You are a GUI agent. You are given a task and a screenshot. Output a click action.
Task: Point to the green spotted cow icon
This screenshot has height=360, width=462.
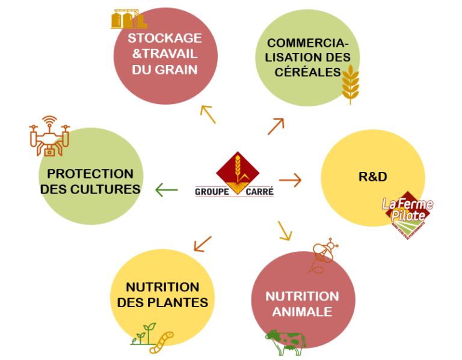click(286, 343)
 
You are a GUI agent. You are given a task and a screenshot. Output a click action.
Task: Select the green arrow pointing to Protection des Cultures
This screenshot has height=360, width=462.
click(167, 191)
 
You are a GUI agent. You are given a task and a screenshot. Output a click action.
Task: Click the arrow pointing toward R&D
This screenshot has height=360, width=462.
click(290, 180)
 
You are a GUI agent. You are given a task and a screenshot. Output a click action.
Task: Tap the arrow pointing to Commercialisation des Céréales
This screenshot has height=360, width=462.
click(276, 126)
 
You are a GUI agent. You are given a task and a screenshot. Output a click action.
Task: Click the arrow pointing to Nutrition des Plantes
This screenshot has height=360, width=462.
click(203, 243)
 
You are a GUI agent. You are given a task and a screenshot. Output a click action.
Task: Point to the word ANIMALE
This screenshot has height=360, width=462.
click(302, 312)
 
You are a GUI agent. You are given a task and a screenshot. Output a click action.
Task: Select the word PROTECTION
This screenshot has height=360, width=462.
click(90, 174)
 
